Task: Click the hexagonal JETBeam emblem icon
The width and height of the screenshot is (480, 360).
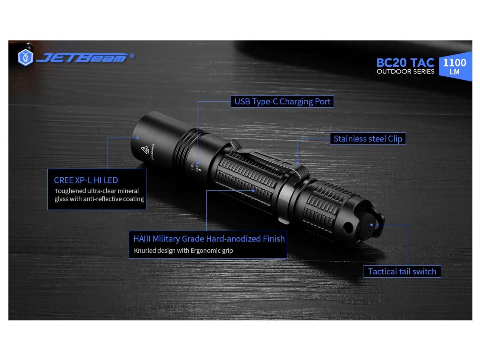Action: click(x=26, y=58)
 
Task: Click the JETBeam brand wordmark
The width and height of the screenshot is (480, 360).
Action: click(x=82, y=58)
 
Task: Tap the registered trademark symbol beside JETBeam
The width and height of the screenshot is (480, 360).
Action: click(x=132, y=56)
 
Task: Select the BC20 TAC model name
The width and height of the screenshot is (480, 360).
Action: click(x=405, y=63)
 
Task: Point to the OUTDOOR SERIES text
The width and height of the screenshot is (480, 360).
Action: click(x=405, y=72)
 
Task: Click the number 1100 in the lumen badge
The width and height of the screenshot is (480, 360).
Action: click(x=454, y=63)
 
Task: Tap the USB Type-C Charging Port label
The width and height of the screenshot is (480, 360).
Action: click(x=282, y=102)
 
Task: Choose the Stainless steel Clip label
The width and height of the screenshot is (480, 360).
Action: click(x=368, y=138)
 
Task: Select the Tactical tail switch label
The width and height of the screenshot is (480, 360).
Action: click(x=402, y=271)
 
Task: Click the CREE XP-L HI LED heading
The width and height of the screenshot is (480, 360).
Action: click(x=86, y=180)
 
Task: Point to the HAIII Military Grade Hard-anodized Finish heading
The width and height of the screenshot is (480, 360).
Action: click(x=209, y=239)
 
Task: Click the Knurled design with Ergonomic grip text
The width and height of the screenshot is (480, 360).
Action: click(x=183, y=250)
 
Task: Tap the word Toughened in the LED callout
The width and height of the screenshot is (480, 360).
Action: click(x=70, y=191)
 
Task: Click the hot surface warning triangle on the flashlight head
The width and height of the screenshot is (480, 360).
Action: click(x=144, y=150)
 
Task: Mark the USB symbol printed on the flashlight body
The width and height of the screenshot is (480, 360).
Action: click(x=193, y=166)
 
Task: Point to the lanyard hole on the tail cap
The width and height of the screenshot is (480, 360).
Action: click(x=348, y=228)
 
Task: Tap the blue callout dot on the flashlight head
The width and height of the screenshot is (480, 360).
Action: click(x=138, y=138)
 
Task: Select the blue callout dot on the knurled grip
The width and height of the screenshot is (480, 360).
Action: click(x=253, y=191)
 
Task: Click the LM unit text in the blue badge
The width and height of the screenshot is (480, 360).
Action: click(x=454, y=72)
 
